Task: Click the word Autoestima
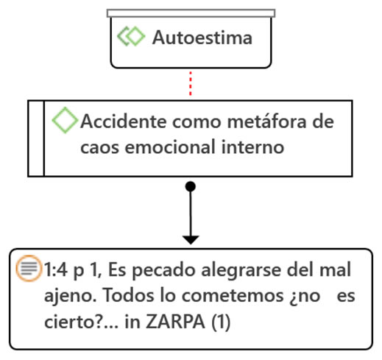202,38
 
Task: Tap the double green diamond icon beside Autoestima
131,36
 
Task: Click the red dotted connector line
191,83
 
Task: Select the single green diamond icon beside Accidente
65,120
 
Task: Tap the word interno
252,147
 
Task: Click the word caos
99,147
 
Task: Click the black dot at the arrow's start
191,186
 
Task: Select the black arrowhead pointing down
191,240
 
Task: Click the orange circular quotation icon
29,268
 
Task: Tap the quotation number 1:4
56,269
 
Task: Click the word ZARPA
175,322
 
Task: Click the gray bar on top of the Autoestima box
191,13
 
